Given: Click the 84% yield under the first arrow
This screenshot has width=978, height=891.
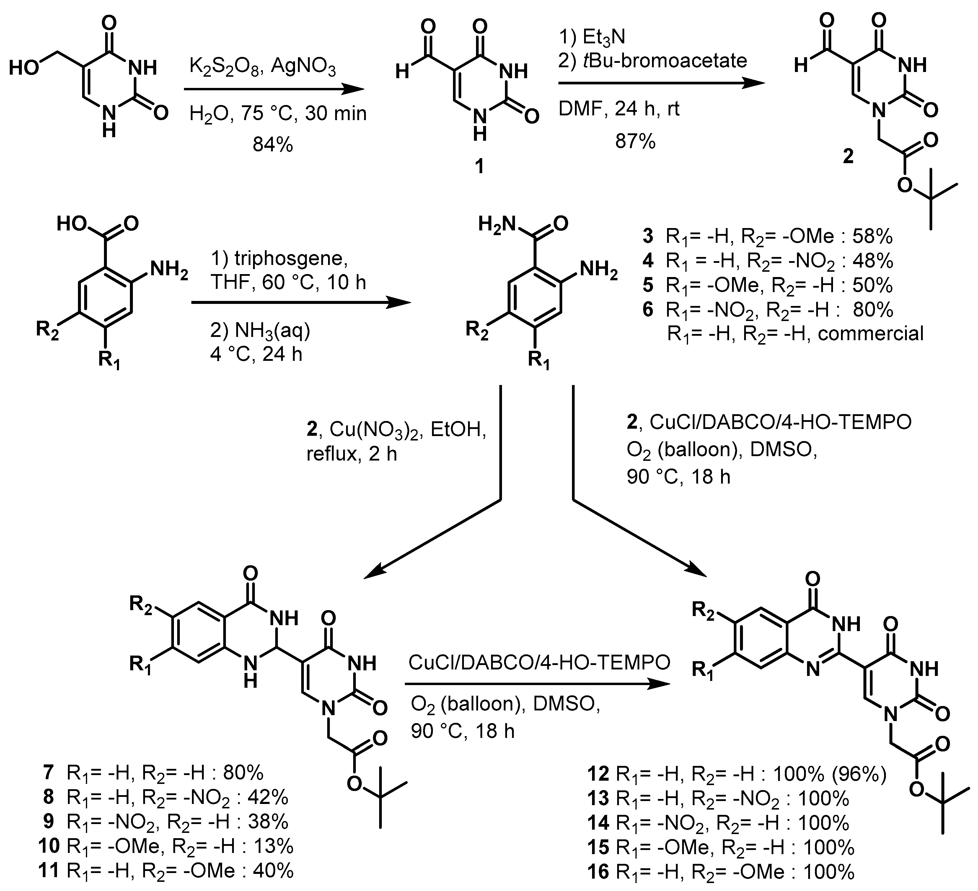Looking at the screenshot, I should (x=273, y=145).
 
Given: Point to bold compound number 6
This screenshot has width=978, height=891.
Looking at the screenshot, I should (x=648, y=310).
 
